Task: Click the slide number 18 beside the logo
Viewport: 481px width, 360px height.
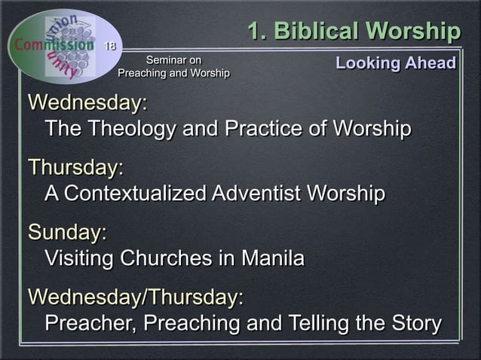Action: (x=110, y=47)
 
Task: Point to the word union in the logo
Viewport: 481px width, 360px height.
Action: (x=63, y=22)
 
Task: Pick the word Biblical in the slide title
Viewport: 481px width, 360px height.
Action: (x=317, y=32)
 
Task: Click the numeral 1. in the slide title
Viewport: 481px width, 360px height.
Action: (x=258, y=32)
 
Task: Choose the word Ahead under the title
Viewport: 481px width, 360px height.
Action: (x=432, y=63)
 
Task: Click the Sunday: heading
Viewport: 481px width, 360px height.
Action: (x=67, y=233)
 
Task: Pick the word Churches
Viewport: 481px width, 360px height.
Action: (x=167, y=258)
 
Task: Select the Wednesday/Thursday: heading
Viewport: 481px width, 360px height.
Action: (x=136, y=297)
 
